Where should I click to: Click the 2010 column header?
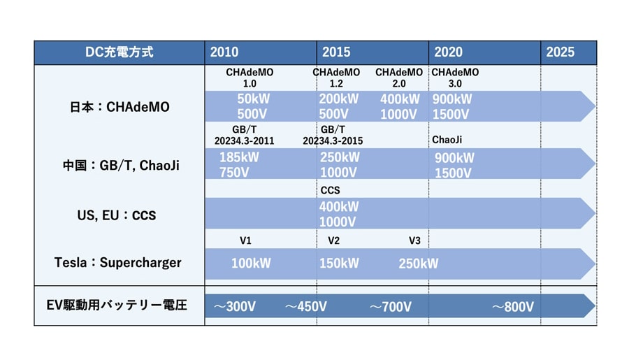(224, 52)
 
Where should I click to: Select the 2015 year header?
(336, 52)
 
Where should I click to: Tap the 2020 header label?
(448, 52)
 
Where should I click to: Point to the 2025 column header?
(560, 52)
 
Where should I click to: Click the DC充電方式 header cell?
(120, 52)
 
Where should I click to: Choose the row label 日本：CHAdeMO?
(120, 107)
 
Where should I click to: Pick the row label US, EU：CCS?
(117, 215)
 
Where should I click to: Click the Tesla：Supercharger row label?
(118, 263)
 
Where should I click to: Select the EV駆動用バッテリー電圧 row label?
(117, 305)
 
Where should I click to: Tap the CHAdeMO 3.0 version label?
(455, 78)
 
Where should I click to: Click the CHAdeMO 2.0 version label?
(399, 78)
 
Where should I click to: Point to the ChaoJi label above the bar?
(447, 140)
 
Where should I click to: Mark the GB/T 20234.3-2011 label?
(244, 135)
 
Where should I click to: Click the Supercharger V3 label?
(414, 240)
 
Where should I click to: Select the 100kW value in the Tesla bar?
(251, 264)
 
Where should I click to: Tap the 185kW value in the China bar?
(239, 157)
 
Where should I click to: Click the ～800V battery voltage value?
(513, 307)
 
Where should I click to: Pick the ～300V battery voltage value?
(235, 306)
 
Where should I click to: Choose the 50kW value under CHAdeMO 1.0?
(254, 99)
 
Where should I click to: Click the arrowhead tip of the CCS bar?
(595, 213)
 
